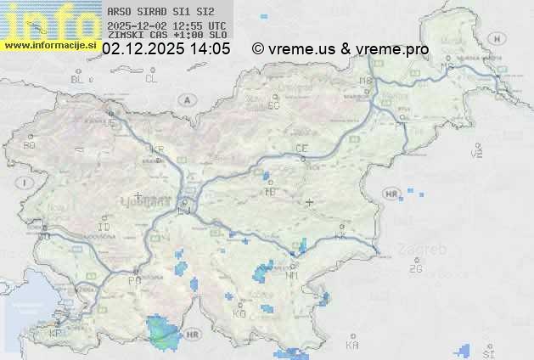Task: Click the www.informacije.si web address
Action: click(x=50, y=45)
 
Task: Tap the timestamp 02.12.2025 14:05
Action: click(x=166, y=49)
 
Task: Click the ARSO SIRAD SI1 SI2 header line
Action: click(x=155, y=13)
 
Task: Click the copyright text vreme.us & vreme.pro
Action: click(x=340, y=49)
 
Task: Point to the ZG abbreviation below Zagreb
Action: click(x=415, y=269)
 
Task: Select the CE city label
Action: click(x=301, y=149)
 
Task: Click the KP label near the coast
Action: click(x=55, y=334)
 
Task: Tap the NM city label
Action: click(x=292, y=276)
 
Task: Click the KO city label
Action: click(x=239, y=313)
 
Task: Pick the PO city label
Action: click(x=133, y=279)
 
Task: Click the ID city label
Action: click(x=104, y=228)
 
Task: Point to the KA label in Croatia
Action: click(x=352, y=346)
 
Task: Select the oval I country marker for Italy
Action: click(x=26, y=183)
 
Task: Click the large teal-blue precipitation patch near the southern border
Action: click(x=161, y=333)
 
